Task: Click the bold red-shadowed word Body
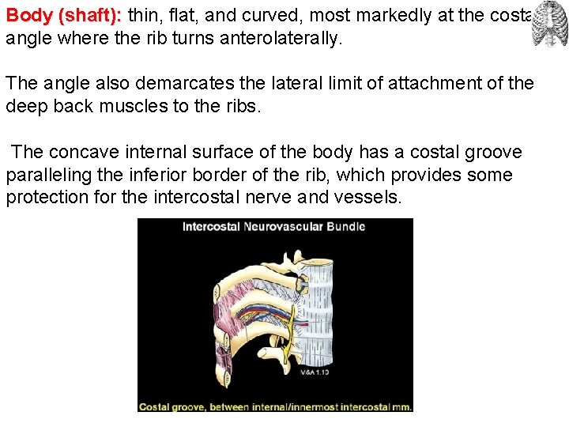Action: (28, 15)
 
